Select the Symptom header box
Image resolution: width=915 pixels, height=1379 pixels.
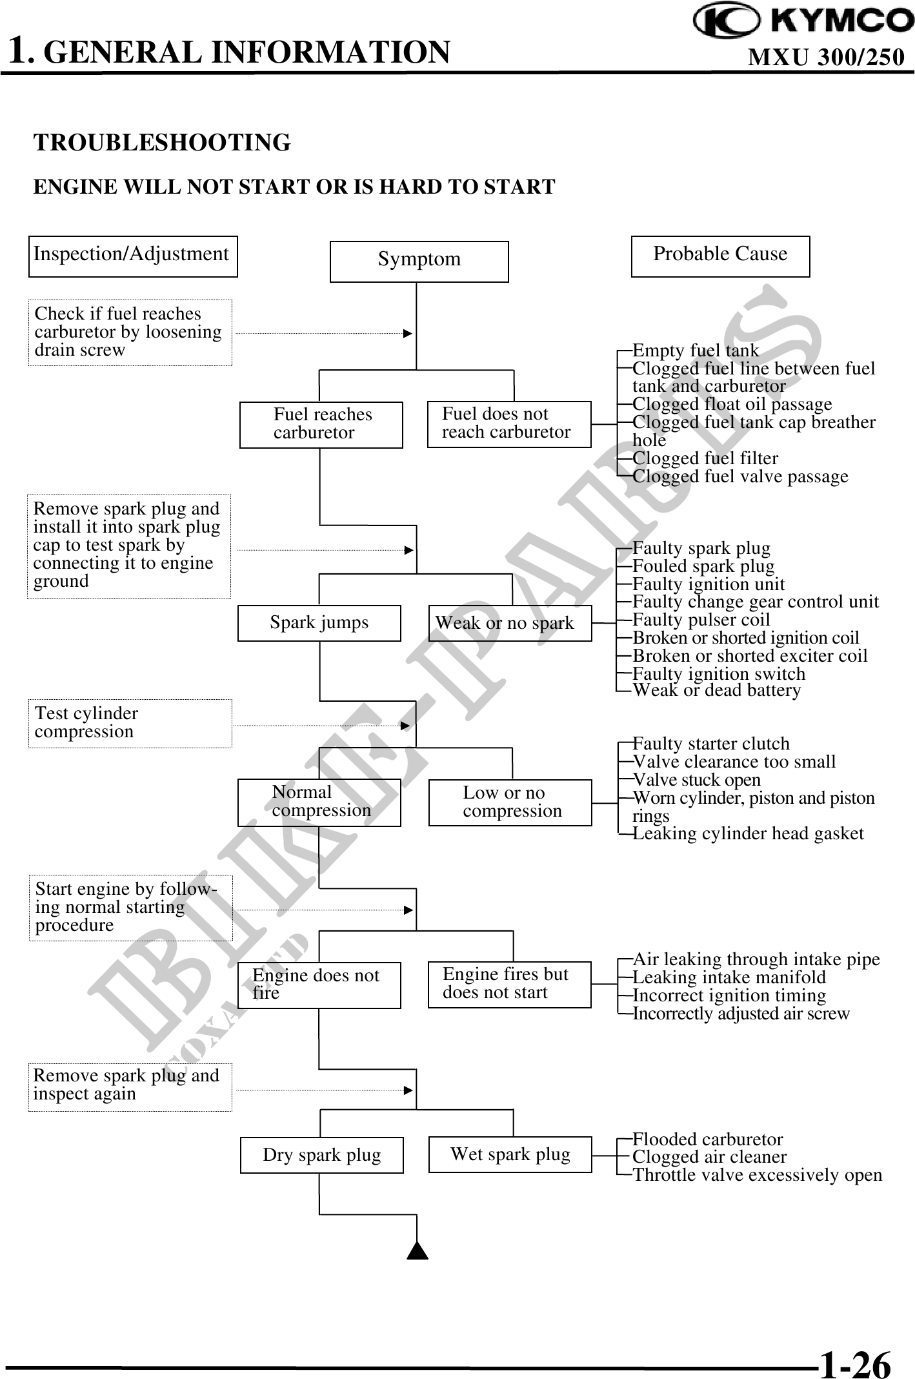click(x=419, y=261)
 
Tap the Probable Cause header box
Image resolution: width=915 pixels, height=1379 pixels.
click(x=720, y=256)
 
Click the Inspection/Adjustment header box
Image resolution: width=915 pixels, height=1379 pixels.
click(x=133, y=256)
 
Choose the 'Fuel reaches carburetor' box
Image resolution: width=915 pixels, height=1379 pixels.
click(x=321, y=424)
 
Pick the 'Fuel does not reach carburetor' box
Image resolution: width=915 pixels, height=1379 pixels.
click(x=509, y=424)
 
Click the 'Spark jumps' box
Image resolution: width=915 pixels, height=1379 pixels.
click(x=319, y=623)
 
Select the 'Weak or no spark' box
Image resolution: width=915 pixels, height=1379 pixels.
click(x=510, y=623)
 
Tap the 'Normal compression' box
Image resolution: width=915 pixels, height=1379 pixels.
click(x=319, y=802)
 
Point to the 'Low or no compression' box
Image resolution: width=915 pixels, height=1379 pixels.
click(x=510, y=802)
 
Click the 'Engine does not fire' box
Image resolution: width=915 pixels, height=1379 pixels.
click(x=319, y=985)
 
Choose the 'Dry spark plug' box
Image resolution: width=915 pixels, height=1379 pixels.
click(x=321, y=1155)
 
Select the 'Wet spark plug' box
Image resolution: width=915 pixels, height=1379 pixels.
click(x=510, y=1154)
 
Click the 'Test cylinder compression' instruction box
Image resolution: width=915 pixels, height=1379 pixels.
click(x=130, y=723)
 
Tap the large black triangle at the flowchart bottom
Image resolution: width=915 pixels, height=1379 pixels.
click(x=418, y=1251)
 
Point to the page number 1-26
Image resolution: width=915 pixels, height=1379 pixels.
click(x=855, y=1364)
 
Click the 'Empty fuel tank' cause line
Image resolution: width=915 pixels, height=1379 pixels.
click(x=696, y=351)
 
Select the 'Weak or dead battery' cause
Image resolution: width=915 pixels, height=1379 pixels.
click(x=716, y=690)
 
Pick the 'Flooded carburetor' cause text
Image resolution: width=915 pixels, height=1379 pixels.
click(x=707, y=1139)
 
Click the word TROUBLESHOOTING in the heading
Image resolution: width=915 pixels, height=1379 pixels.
click(x=162, y=143)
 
